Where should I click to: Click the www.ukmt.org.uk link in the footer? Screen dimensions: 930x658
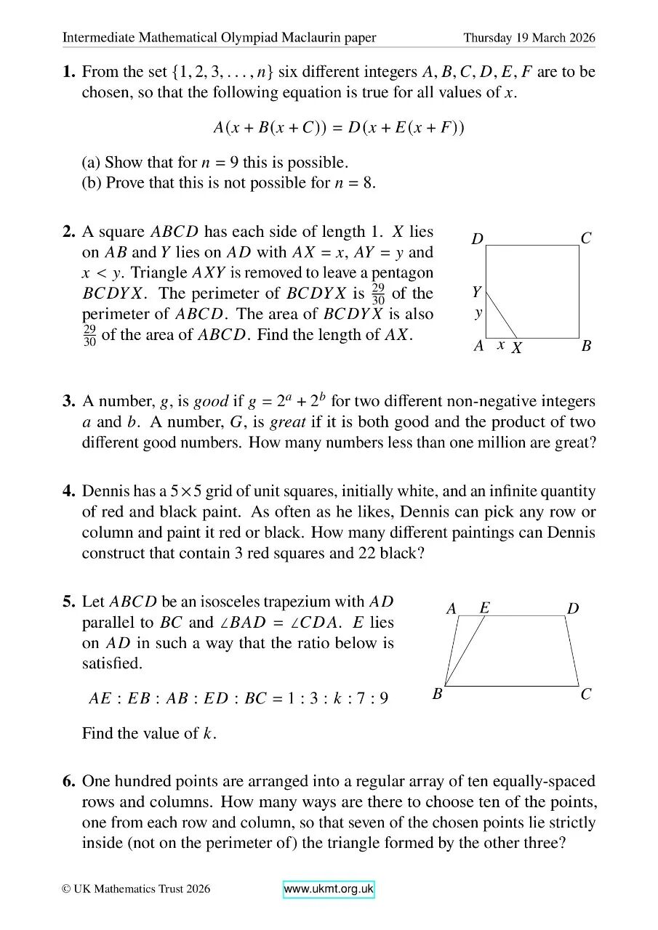click(x=328, y=889)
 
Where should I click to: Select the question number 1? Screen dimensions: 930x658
click(x=69, y=72)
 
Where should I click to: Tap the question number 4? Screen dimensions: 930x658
click(x=69, y=492)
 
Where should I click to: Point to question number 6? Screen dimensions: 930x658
click(x=69, y=782)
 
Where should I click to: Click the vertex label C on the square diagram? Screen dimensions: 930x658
click(x=586, y=238)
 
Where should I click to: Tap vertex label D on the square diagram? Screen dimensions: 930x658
click(x=477, y=238)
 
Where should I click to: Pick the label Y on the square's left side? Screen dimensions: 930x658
click(x=477, y=293)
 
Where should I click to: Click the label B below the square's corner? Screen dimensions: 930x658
click(x=586, y=347)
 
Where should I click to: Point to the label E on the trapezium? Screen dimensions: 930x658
click(x=485, y=607)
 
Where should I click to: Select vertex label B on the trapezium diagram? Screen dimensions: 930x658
click(x=438, y=695)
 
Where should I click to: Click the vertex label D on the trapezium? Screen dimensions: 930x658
click(x=573, y=609)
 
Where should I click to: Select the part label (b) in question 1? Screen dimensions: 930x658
click(x=92, y=182)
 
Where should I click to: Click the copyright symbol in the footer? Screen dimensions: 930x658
click(x=66, y=889)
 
